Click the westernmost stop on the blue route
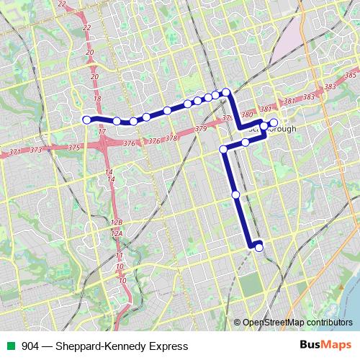pyautogui.click(x=86, y=120)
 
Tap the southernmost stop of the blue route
pyautogui.click(x=258, y=248)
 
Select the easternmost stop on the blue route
pyautogui.click(x=274, y=122)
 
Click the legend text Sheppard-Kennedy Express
pyautogui.click(x=104, y=346)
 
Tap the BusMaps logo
pyautogui.click(x=325, y=346)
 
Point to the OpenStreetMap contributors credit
pyautogui.click(x=293, y=323)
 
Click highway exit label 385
pyautogui.click(x=351, y=76)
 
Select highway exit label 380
pyautogui.click(x=247, y=114)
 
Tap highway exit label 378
pyautogui.click(x=171, y=138)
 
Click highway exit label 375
pyautogui.click(x=74, y=147)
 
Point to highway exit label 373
pyautogui.click(x=36, y=150)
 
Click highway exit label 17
pyautogui.click(x=102, y=132)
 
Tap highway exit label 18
pyautogui.click(x=99, y=99)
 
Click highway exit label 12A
pyautogui.click(x=117, y=233)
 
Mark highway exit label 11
pyautogui.click(x=120, y=256)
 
